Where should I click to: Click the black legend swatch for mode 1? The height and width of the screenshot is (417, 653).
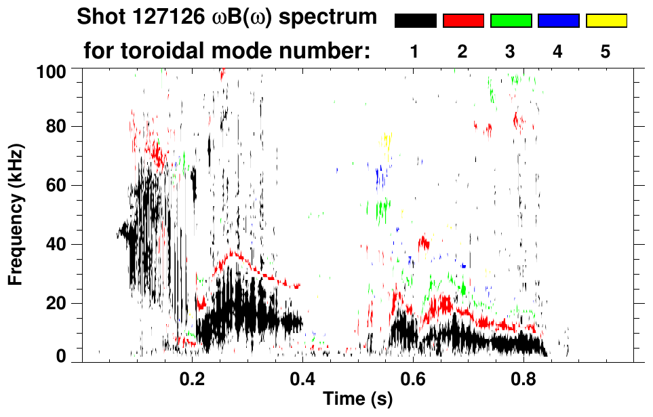click(415, 21)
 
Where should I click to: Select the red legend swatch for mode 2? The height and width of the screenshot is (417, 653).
click(463, 21)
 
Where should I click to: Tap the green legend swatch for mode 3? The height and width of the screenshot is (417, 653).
click(511, 21)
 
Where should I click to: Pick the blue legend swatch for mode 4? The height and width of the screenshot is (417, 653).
click(558, 21)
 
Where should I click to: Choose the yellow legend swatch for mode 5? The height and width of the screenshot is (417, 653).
click(606, 21)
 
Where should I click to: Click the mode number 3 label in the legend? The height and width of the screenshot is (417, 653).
click(511, 52)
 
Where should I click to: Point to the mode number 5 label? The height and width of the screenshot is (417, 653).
click(606, 52)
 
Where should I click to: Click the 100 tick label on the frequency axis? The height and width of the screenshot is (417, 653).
click(52, 70)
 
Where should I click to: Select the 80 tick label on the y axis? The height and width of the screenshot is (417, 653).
click(56, 127)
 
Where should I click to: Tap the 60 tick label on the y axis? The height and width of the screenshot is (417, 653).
click(56, 185)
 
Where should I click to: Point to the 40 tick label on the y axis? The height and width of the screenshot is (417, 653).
click(56, 244)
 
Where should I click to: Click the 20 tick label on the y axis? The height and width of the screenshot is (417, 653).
click(56, 303)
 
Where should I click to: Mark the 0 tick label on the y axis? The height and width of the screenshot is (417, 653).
click(61, 356)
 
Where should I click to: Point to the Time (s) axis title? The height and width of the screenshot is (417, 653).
click(357, 401)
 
